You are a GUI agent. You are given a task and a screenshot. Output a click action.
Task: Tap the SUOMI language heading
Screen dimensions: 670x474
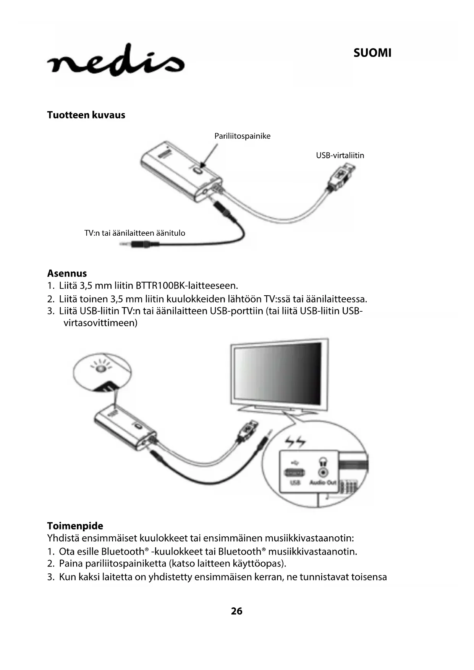click(x=372, y=53)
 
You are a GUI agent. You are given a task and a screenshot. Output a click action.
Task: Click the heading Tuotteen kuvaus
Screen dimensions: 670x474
click(x=86, y=115)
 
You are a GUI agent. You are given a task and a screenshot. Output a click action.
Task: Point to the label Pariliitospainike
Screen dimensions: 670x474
click(x=242, y=136)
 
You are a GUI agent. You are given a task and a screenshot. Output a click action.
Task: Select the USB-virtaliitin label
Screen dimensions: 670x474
click(x=340, y=155)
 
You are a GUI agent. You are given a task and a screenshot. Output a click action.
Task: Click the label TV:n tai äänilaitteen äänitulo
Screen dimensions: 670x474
click(x=134, y=233)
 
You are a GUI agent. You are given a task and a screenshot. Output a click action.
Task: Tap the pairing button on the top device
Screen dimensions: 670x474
click(x=197, y=171)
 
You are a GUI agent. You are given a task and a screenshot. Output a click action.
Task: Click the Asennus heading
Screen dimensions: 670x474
click(x=67, y=274)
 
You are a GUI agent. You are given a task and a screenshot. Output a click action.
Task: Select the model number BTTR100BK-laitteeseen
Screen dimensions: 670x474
click(x=187, y=286)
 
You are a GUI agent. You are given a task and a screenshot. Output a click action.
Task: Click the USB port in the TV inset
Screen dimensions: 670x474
click(x=294, y=473)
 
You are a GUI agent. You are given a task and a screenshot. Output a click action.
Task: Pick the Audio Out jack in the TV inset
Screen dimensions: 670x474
click(x=324, y=472)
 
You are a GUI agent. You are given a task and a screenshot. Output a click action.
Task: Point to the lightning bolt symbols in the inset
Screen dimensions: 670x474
click(x=296, y=442)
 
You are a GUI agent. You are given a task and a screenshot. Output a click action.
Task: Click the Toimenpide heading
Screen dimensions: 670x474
click(x=75, y=526)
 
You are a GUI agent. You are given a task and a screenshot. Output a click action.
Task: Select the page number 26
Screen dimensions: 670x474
click(x=236, y=611)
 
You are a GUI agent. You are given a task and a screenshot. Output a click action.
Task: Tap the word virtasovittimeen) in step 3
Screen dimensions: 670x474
click(x=100, y=323)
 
